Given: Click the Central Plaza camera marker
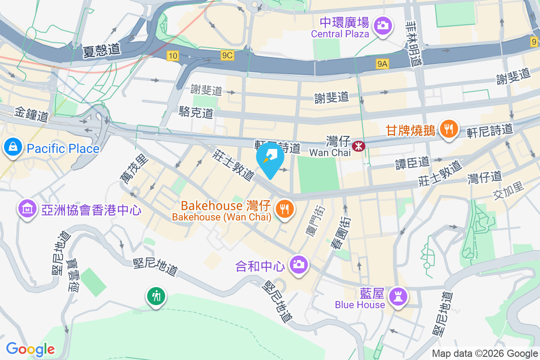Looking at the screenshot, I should (x=383, y=25).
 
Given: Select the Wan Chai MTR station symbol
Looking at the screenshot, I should (x=358, y=146).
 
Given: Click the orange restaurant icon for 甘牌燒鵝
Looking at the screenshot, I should (x=448, y=130).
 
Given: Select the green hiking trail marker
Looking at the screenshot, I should (x=156, y=297).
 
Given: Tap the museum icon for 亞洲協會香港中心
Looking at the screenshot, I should (x=27, y=209).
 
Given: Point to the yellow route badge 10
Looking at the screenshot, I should (x=172, y=56).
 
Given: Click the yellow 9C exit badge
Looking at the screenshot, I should (x=228, y=55).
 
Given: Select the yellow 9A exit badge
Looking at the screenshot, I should (x=382, y=64).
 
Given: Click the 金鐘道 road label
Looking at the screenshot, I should (x=31, y=114).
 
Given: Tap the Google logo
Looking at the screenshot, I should (x=31, y=349).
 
